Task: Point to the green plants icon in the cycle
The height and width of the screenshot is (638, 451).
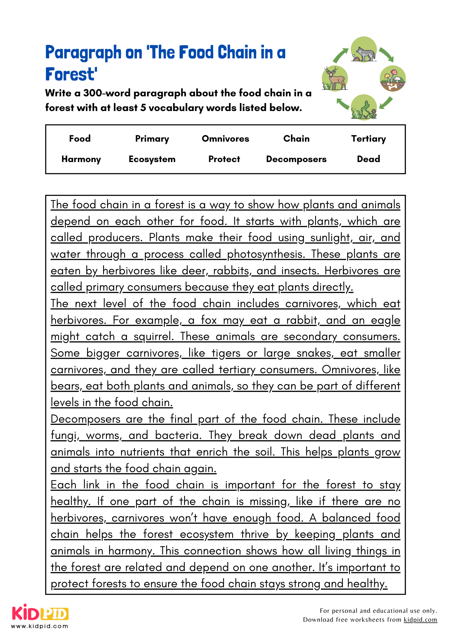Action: tap(364, 108)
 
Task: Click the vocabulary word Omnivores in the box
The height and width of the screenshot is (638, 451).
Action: tap(226, 139)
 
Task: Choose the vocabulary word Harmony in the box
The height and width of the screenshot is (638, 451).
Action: tap(81, 159)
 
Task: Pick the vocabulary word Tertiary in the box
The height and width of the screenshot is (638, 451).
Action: tap(368, 139)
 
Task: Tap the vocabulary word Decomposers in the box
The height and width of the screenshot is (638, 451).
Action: tap(296, 159)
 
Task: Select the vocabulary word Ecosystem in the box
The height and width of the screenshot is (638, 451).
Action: tap(152, 159)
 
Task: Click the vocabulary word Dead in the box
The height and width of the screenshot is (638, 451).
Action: tap(368, 159)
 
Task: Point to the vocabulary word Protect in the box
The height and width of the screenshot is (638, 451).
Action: tap(224, 159)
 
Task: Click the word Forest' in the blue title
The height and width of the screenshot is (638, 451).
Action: tap(71, 74)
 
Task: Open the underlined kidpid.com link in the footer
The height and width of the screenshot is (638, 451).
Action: tap(420, 619)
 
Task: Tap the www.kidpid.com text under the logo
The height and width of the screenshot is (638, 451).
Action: tap(40, 626)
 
